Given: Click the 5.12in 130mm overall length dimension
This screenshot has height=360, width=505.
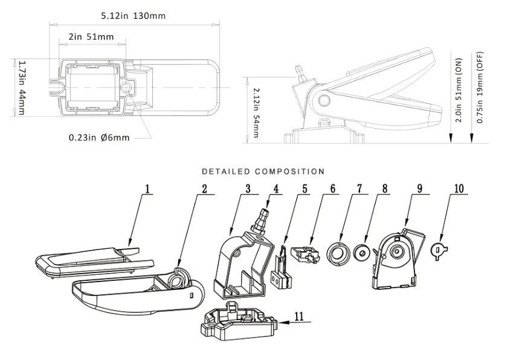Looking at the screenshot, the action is (x=133, y=16).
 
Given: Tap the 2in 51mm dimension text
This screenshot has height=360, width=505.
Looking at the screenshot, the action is (x=91, y=37).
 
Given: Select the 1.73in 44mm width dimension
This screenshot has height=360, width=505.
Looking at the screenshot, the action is (x=22, y=88).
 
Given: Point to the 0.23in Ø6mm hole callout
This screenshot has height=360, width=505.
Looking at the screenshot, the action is (x=99, y=138).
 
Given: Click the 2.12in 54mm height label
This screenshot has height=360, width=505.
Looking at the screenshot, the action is (x=256, y=112).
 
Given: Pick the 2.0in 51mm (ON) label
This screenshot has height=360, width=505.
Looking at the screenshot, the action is (x=458, y=90).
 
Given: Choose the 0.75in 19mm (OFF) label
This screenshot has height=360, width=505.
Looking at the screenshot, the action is (x=480, y=87).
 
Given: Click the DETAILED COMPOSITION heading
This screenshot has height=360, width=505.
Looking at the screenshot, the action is (x=263, y=172).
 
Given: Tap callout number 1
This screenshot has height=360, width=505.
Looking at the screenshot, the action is (x=147, y=188).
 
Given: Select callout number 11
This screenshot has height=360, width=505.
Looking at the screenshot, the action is (x=299, y=316).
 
